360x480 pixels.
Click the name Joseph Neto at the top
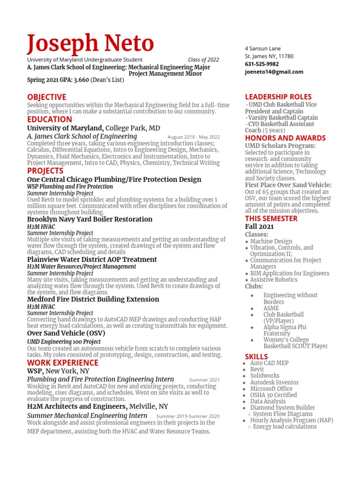click(90, 44)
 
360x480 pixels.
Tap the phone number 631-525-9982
click(262, 64)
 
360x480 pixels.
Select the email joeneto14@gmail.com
click(274, 72)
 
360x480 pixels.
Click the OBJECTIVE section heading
click(46, 97)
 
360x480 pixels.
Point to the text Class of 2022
click(203, 60)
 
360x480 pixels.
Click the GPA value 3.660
click(81, 80)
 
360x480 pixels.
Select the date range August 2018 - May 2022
click(193, 137)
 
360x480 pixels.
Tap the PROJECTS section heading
click(45, 171)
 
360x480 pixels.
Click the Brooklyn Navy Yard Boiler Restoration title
click(90, 219)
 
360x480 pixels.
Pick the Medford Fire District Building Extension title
click(93, 299)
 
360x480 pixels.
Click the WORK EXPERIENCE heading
click(62, 363)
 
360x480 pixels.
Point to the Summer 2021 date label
click(204, 380)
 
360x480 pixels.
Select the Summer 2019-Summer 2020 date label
click(187, 416)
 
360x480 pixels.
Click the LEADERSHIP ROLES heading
click(278, 97)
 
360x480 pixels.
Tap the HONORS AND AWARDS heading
click(285, 138)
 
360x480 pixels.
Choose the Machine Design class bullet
click(271, 241)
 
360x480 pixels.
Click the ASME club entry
click(271, 308)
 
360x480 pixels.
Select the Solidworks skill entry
click(264, 376)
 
